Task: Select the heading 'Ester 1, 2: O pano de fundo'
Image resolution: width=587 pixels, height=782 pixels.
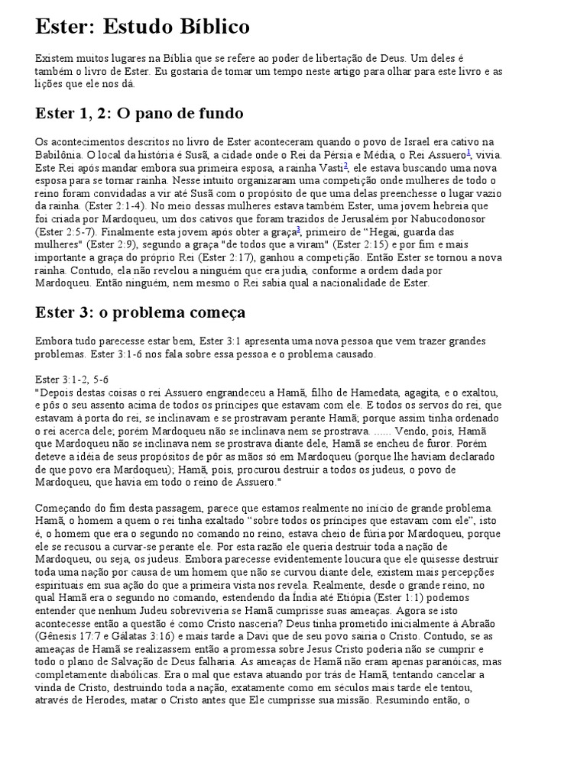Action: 139,114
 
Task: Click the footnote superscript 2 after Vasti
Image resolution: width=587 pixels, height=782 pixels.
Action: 345,164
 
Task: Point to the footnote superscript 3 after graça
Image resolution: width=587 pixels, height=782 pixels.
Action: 298,228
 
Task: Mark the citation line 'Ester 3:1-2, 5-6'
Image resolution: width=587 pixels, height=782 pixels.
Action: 76,379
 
